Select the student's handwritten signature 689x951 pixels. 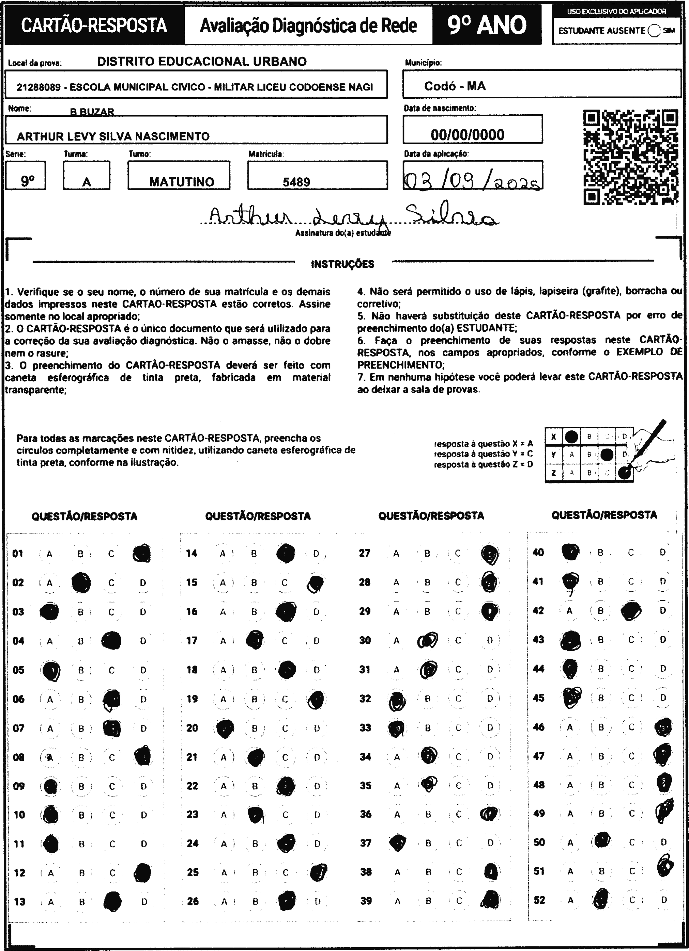(x=352, y=216)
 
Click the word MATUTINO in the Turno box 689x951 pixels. (x=182, y=182)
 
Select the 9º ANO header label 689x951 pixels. (x=486, y=25)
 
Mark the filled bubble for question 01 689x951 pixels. (x=142, y=554)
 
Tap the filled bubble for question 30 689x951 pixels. (x=427, y=640)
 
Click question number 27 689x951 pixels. (x=364, y=553)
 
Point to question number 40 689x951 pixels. (x=537, y=552)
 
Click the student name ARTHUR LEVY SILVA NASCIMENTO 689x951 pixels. (x=113, y=136)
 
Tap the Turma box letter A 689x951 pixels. (x=86, y=182)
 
